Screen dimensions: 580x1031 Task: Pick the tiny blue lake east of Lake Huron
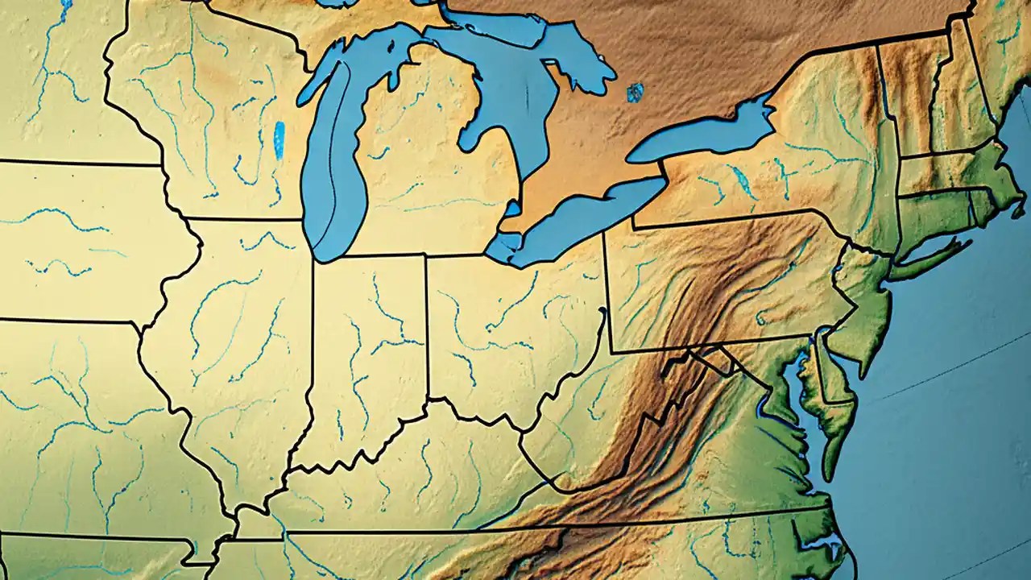click(x=635, y=93)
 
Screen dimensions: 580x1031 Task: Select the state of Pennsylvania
click(x=725, y=282)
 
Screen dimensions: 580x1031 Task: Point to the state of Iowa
click(x=81, y=242)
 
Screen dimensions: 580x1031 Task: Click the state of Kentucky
click(x=403, y=483)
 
